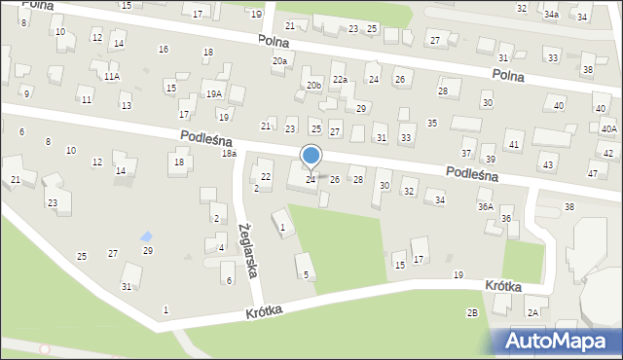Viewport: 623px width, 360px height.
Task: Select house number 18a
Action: point(229,154)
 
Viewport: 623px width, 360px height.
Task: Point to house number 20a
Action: point(279,61)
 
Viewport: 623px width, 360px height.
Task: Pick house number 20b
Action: point(312,86)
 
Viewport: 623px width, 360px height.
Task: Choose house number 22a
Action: point(340,80)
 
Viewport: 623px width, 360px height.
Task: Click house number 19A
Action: point(214,94)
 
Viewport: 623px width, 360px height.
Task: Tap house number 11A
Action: point(112,76)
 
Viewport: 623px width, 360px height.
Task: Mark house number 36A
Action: point(485,207)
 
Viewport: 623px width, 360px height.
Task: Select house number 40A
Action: point(608,129)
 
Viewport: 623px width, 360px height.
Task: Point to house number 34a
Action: point(551,15)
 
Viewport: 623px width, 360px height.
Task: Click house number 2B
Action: point(472,312)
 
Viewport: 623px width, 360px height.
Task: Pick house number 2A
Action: point(532,312)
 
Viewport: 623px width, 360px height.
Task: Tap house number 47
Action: point(593,173)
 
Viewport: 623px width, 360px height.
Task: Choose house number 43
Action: point(548,165)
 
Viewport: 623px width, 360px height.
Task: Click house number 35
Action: point(432,124)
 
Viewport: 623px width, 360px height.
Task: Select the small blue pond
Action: point(146,236)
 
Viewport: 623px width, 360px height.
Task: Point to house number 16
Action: point(163,50)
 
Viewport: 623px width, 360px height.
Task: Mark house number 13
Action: point(127,105)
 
